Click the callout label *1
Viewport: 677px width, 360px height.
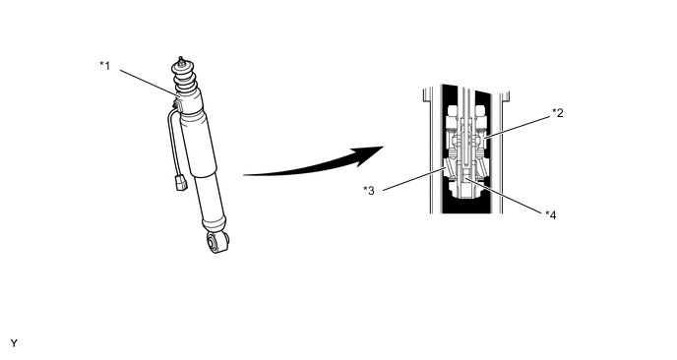(105, 66)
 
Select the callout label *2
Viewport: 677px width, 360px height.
(558, 113)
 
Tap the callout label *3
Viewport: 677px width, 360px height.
(369, 191)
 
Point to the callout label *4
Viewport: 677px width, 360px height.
(550, 214)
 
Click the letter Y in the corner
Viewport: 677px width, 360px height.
(14, 343)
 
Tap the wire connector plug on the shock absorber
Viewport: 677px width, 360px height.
(180, 182)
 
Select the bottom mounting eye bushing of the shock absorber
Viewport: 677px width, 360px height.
(217, 242)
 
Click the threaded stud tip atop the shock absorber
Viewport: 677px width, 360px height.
(181, 60)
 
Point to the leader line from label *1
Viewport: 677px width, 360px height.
(149, 83)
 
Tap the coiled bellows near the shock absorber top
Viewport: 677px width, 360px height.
(184, 79)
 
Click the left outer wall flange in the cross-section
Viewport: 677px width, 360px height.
(428, 150)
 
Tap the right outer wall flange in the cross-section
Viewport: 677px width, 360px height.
(504, 151)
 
